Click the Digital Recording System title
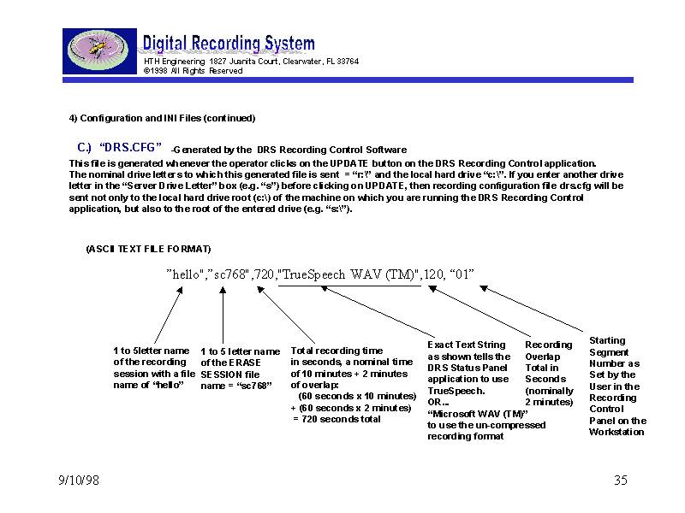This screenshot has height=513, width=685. (228, 44)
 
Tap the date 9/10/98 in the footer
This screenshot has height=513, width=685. (73, 481)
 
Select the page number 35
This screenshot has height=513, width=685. (621, 481)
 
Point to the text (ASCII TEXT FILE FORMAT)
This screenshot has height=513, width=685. (148, 249)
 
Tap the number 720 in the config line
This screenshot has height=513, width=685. (265, 274)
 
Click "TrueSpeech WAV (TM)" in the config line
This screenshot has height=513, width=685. (349, 274)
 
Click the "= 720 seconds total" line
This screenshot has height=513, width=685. (337, 419)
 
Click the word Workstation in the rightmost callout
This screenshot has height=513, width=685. (616, 432)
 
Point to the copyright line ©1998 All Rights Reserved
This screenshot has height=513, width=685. (193, 71)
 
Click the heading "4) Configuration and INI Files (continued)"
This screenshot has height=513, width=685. (162, 118)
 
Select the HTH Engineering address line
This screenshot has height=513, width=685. (251, 62)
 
